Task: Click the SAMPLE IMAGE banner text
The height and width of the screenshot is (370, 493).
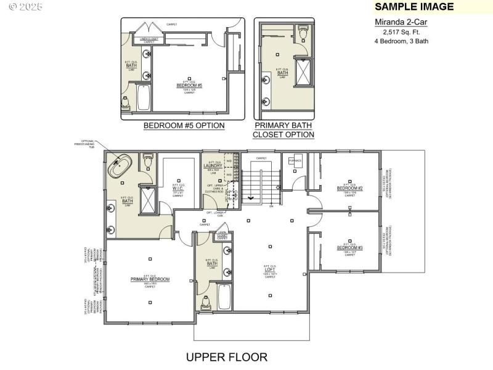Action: click(x=414, y=7)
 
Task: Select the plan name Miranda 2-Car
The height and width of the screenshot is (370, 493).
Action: click(x=401, y=22)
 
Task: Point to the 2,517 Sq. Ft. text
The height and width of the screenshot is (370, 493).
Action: click(x=401, y=31)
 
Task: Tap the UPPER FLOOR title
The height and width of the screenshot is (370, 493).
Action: click(x=227, y=357)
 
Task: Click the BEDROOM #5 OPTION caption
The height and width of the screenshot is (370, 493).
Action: click(x=184, y=126)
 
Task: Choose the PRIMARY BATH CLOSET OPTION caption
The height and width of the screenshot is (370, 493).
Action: click(x=283, y=129)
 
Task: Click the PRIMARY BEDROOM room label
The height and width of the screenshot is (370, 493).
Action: click(x=150, y=279)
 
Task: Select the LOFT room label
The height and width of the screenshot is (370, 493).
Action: click(x=270, y=270)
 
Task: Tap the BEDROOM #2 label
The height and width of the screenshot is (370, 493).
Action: click(x=349, y=187)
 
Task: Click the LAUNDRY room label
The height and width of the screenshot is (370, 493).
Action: click(x=212, y=165)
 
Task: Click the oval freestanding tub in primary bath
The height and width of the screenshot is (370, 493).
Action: click(x=121, y=167)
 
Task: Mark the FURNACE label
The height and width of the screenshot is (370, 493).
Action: click(x=295, y=161)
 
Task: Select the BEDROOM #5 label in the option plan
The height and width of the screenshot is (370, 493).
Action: click(x=189, y=85)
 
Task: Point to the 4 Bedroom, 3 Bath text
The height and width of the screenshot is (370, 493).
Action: click(x=401, y=41)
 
